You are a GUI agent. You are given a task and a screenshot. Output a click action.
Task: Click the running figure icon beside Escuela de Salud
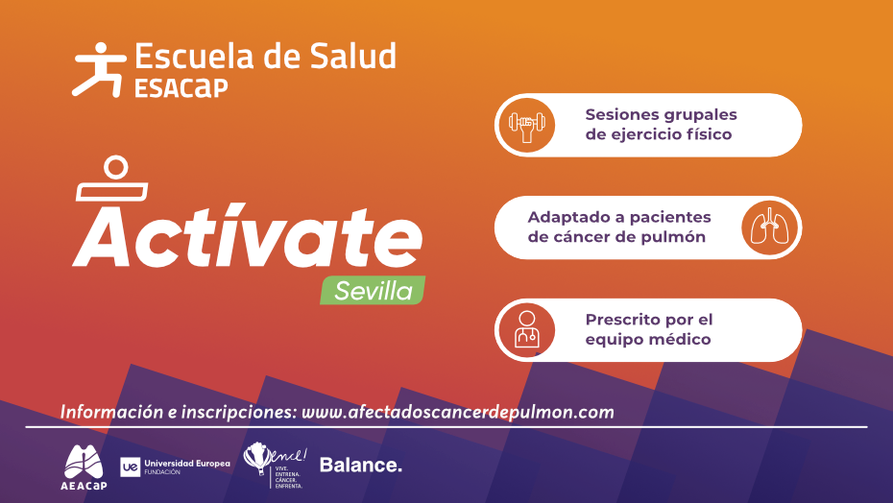(x=98, y=68)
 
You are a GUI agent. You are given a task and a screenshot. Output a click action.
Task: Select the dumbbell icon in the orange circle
(x=526, y=125)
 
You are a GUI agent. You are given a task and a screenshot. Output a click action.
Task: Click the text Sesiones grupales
(x=661, y=114)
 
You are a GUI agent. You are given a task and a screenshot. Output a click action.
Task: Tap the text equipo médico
(x=647, y=340)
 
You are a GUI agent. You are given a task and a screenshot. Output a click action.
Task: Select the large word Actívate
(x=247, y=235)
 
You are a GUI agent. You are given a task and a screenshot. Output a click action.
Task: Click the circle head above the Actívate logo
(x=115, y=167)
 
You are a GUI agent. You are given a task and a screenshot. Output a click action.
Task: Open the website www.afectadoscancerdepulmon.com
(x=457, y=412)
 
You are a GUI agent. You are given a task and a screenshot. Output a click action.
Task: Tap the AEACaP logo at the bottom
(x=84, y=466)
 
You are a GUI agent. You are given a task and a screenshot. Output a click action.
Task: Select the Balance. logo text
(x=360, y=466)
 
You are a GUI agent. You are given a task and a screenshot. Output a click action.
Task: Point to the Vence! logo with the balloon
(x=274, y=465)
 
